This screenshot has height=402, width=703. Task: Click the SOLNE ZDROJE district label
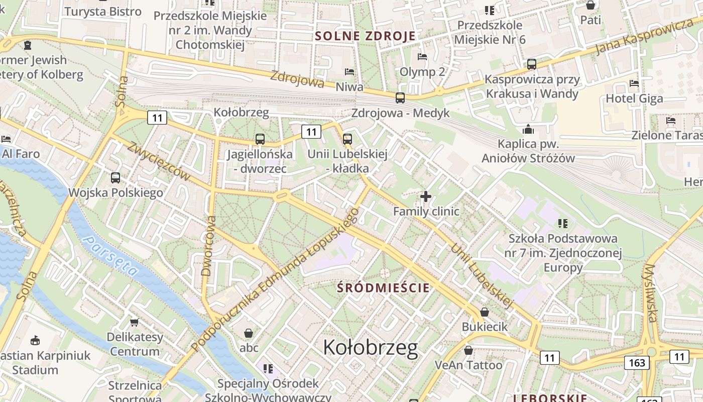(x=365, y=36)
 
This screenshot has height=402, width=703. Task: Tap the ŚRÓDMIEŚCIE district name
(x=384, y=288)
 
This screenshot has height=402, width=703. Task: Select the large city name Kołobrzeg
(x=370, y=347)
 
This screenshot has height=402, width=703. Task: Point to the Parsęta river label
(x=111, y=256)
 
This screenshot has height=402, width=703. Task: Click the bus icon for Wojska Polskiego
(x=115, y=177)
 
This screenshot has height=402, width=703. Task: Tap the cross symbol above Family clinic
(x=425, y=196)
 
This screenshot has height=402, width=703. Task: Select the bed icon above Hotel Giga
(x=634, y=83)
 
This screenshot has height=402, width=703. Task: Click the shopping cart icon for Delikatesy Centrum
(x=134, y=322)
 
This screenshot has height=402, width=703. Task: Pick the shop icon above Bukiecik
(x=485, y=312)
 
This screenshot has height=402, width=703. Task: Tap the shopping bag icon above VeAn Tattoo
(x=468, y=350)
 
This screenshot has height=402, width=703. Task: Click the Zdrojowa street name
(x=297, y=79)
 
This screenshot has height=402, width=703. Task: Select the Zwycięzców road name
(x=159, y=161)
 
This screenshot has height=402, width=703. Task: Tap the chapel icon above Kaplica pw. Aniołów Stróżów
(x=528, y=129)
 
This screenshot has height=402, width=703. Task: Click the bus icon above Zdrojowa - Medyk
(x=400, y=98)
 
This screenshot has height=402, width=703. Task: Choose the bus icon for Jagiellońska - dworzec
(x=260, y=139)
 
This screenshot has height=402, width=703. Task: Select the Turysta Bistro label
(x=103, y=12)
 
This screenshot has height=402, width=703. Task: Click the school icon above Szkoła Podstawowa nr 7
(x=562, y=223)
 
